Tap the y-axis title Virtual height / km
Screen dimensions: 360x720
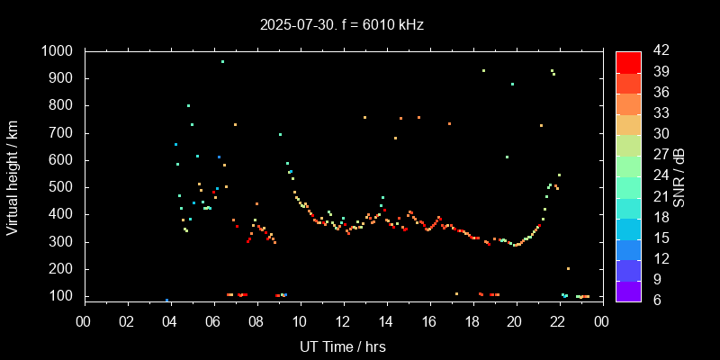tap(13, 173)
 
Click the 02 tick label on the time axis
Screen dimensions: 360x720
tap(126, 320)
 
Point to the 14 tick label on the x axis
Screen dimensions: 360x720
tap(385, 320)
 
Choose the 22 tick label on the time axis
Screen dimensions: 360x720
tap(558, 320)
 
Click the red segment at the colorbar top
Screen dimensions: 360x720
tap(628, 61)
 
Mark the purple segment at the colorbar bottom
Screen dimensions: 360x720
tap(628, 290)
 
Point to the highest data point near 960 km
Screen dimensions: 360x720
tap(222, 62)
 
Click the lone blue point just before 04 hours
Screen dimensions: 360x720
tap(166, 300)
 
